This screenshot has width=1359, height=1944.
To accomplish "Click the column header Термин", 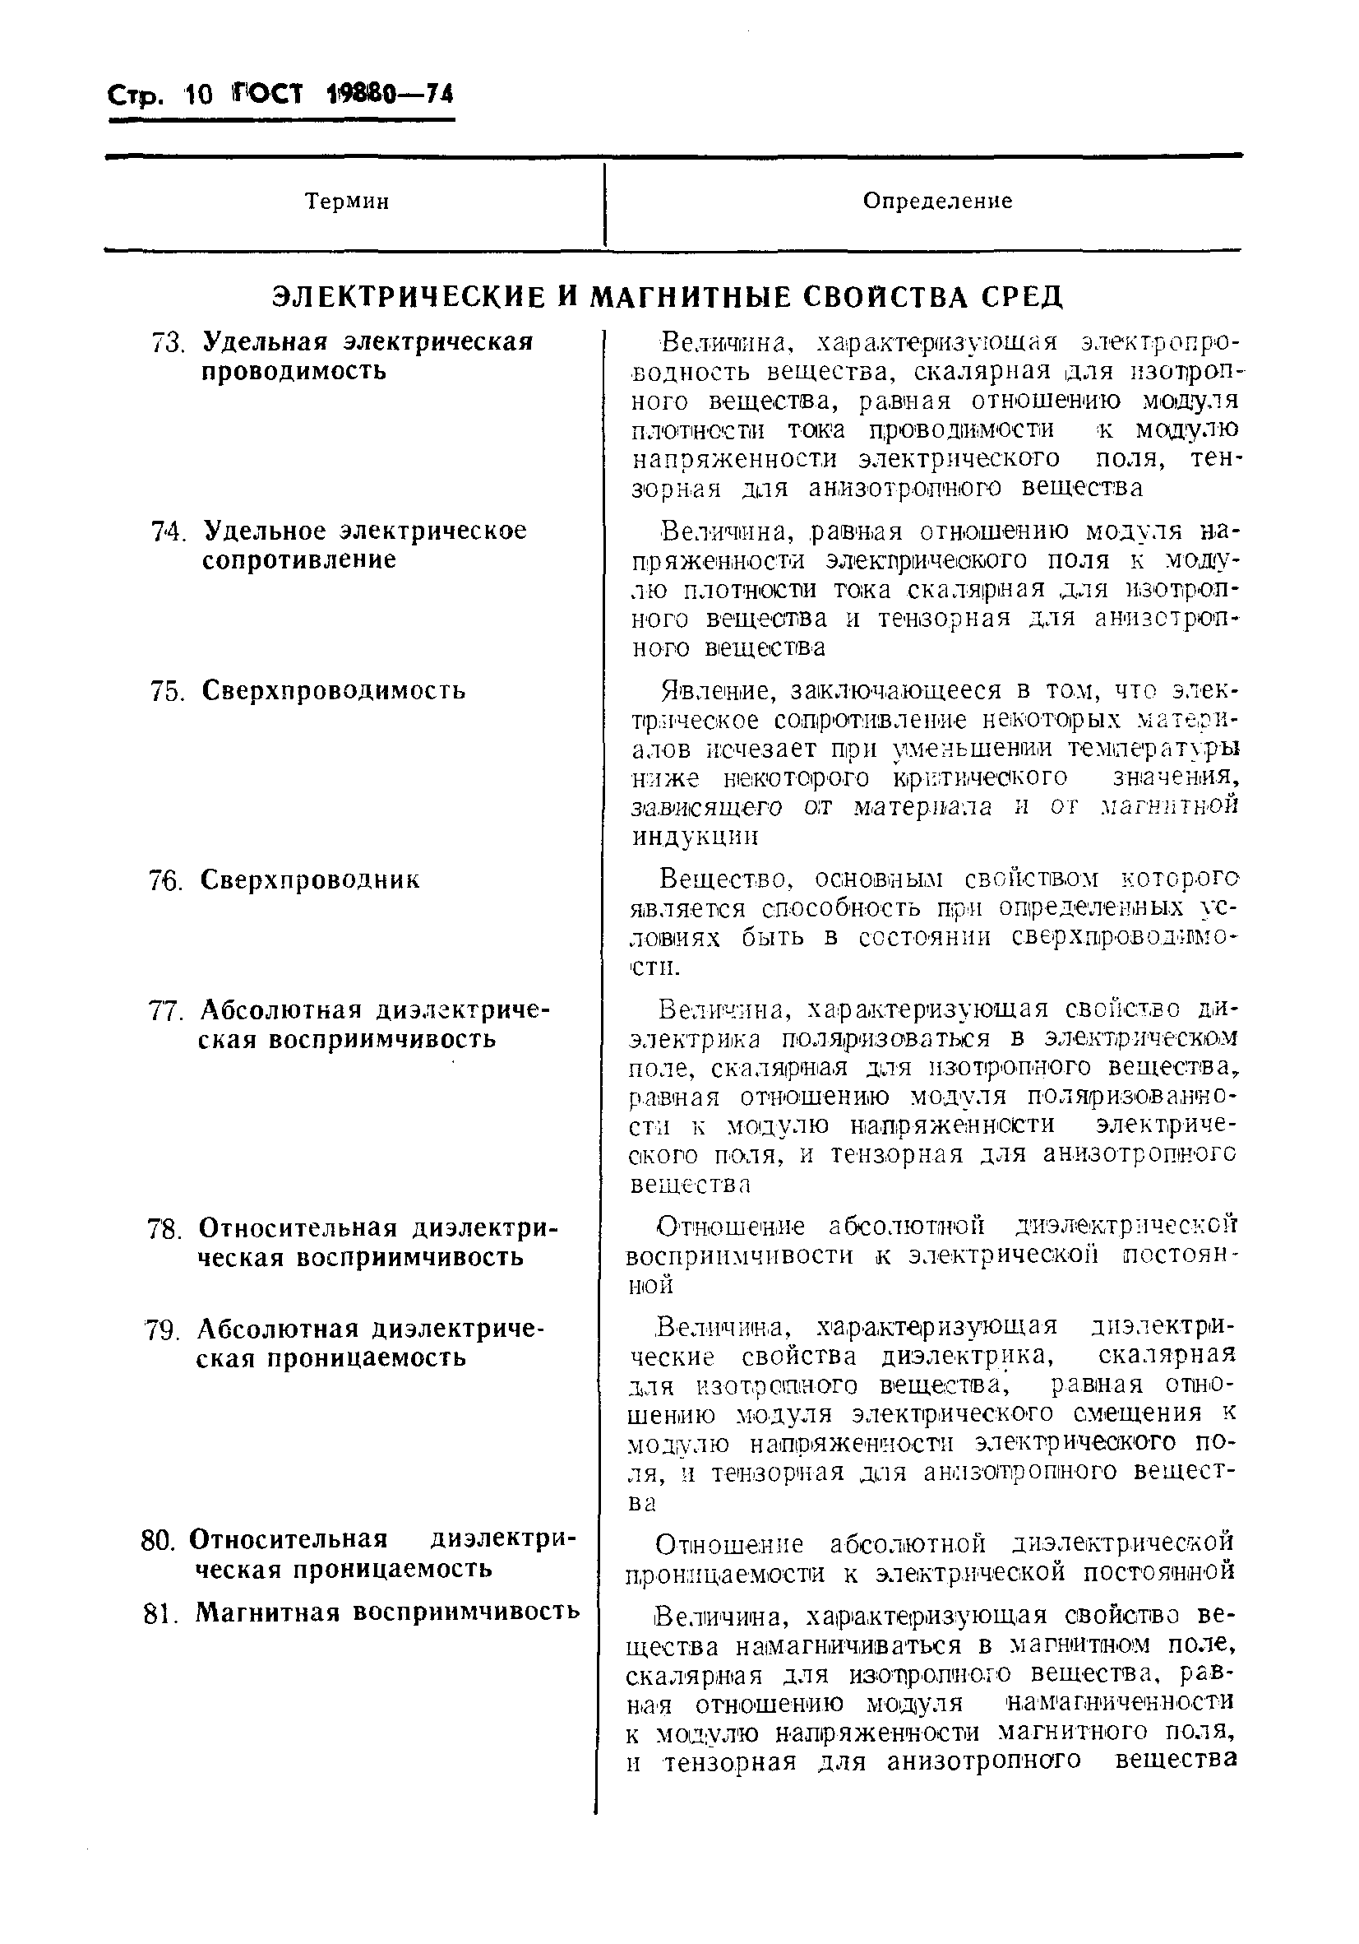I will point(347,202).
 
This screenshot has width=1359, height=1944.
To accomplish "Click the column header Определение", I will point(936,201).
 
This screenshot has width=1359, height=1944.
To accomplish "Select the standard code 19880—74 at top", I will point(389,94).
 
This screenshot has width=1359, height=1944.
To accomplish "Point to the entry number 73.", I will point(168,343).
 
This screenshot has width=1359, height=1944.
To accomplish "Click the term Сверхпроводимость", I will point(334,690).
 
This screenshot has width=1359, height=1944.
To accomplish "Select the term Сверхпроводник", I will point(310,879).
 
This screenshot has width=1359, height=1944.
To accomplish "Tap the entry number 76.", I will point(166,880).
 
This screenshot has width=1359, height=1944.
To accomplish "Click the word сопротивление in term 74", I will point(298,559).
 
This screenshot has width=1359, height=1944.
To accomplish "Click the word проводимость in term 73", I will point(294,371).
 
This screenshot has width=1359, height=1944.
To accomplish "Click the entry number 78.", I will point(164,1228).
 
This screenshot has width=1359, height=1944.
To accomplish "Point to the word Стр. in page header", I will point(134,95).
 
